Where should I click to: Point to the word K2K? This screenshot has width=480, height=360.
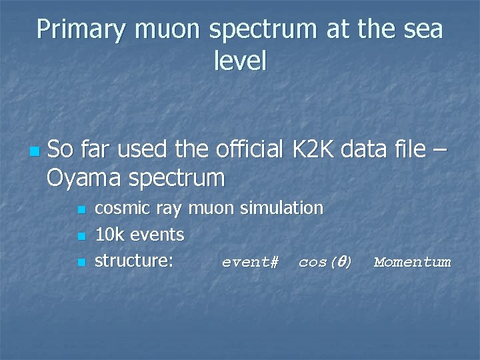point(313,150)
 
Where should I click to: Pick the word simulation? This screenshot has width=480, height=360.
point(281,208)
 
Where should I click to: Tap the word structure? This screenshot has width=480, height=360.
point(134,261)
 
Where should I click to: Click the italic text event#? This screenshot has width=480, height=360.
point(250,262)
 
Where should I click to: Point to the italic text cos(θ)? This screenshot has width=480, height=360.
point(325,262)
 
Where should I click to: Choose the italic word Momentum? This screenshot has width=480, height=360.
point(412,262)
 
